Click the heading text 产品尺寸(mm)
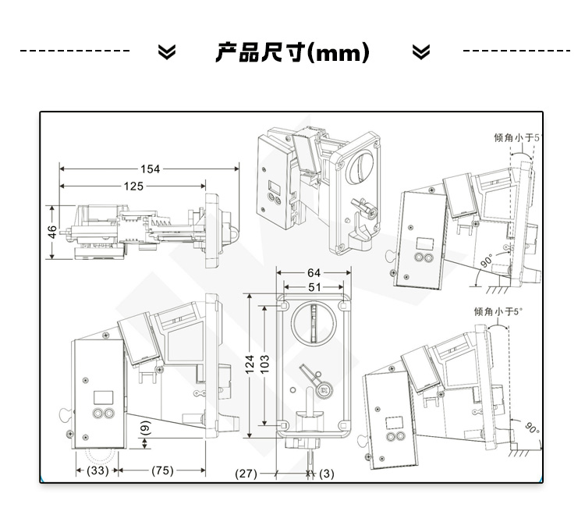tap(292, 52)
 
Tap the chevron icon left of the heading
tap(167, 52)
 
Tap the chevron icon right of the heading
tap(421, 52)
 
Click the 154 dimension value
tap(150, 169)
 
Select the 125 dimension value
tap(133, 186)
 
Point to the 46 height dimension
tap(51, 233)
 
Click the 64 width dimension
tap(314, 272)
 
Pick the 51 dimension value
tap(314, 287)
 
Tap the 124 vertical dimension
tap(250, 365)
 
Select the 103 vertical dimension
tap(264, 365)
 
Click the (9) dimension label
tap(146, 428)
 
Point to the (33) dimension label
tap(97, 471)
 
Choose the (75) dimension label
tap(162, 471)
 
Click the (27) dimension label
tap(246, 473)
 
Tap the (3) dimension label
tap(326, 473)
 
